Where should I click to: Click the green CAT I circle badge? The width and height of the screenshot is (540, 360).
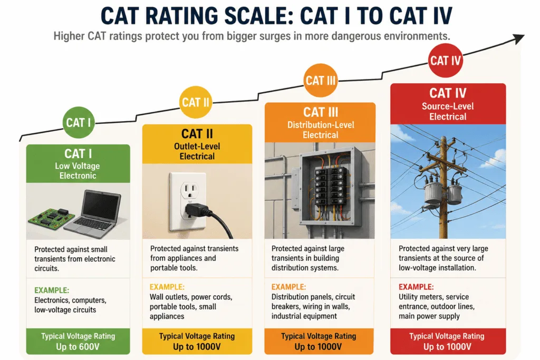click(79, 122)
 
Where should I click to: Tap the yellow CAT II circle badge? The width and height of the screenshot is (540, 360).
click(196, 102)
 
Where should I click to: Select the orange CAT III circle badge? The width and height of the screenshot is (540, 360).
click(320, 81)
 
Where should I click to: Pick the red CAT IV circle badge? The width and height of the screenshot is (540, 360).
click(445, 61)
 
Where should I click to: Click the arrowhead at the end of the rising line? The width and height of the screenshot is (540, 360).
click(519, 38)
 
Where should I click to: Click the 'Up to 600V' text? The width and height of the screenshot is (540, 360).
click(78, 347)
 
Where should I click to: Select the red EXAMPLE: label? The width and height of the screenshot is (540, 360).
click(416, 287)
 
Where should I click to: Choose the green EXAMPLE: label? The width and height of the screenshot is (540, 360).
click(52, 290)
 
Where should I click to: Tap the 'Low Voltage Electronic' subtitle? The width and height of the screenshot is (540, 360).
click(78, 171)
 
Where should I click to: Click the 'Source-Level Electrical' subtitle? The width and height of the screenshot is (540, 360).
click(448, 111)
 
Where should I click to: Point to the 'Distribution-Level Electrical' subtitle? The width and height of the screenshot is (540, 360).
click(321, 130)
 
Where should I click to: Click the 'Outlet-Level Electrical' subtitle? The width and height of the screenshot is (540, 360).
click(197, 151)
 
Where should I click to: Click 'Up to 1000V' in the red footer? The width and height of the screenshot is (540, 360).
click(447, 347)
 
